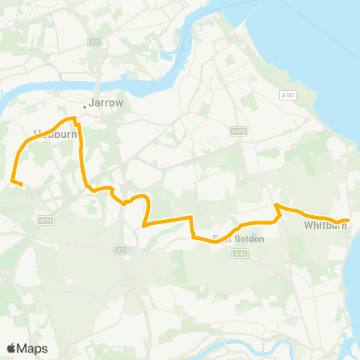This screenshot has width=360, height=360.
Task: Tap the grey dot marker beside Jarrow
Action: coord(85,106)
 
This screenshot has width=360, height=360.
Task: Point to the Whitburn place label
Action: coord(324,225)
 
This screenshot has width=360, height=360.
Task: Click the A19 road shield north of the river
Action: coord(94,42)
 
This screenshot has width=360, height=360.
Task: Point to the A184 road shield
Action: coord(239,254)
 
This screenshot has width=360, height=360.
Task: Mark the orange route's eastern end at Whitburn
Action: coord(349,220)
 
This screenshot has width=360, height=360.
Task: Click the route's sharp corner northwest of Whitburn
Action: coord(276,205)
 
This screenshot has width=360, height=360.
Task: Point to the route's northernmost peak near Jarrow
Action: coord(73,118)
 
